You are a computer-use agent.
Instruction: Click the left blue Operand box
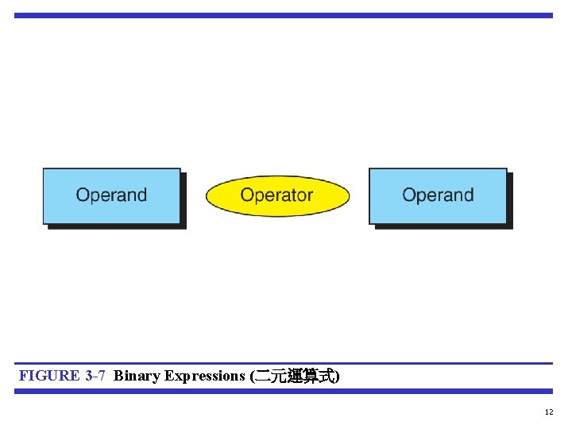pyautogui.click(x=111, y=196)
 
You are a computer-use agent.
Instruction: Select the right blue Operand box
pyautogui.click(x=438, y=196)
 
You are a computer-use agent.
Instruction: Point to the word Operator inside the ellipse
pyautogui.click(x=276, y=195)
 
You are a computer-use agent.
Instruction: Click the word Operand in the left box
pyautogui.click(x=111, y=195)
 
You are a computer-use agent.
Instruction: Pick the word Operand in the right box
pyautogui.click(x=438, y=195)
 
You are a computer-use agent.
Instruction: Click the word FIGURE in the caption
pyautogui.click(x=49, y=376)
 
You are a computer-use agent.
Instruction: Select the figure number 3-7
pyautogui.click(x=95, y=376)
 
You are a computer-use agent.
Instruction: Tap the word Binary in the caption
pyautogui.click(x=137, y=376)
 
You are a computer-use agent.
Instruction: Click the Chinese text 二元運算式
pyautogui.click(x=295, y=377)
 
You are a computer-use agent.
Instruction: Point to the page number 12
pyautogui.click(x=549, y=412)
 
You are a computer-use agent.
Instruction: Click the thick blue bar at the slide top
pyautogui.click(x=283, y=15)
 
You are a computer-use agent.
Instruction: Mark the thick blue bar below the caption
pyautogui.click(x=283, y=391)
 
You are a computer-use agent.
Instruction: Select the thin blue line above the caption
pyautogui.click(x=283, y=364)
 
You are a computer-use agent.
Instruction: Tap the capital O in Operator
pyautogui.click(x=247, y=195)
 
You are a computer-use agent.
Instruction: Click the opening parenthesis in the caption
pyautogui.click(x=253, y=377)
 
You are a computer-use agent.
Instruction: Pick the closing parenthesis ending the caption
pyautogui.click(x=338, y=377)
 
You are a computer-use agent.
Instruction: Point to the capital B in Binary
pyautogui.click(x=118, y=376)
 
